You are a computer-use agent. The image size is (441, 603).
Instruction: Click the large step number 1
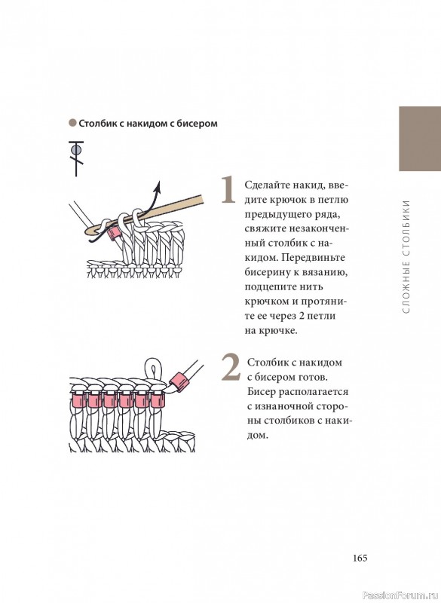[228, 189]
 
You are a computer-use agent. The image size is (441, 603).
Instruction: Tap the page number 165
[360, 558]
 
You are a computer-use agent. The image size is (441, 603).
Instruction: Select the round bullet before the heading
[72, 123]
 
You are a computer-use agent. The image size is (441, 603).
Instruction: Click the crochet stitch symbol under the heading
[76, 158]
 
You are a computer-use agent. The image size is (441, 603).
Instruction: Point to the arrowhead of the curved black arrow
[157, 186]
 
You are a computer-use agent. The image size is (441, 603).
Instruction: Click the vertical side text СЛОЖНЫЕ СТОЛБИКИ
[406, 256]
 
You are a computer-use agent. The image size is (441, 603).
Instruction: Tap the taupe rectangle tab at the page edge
[420, 139]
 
